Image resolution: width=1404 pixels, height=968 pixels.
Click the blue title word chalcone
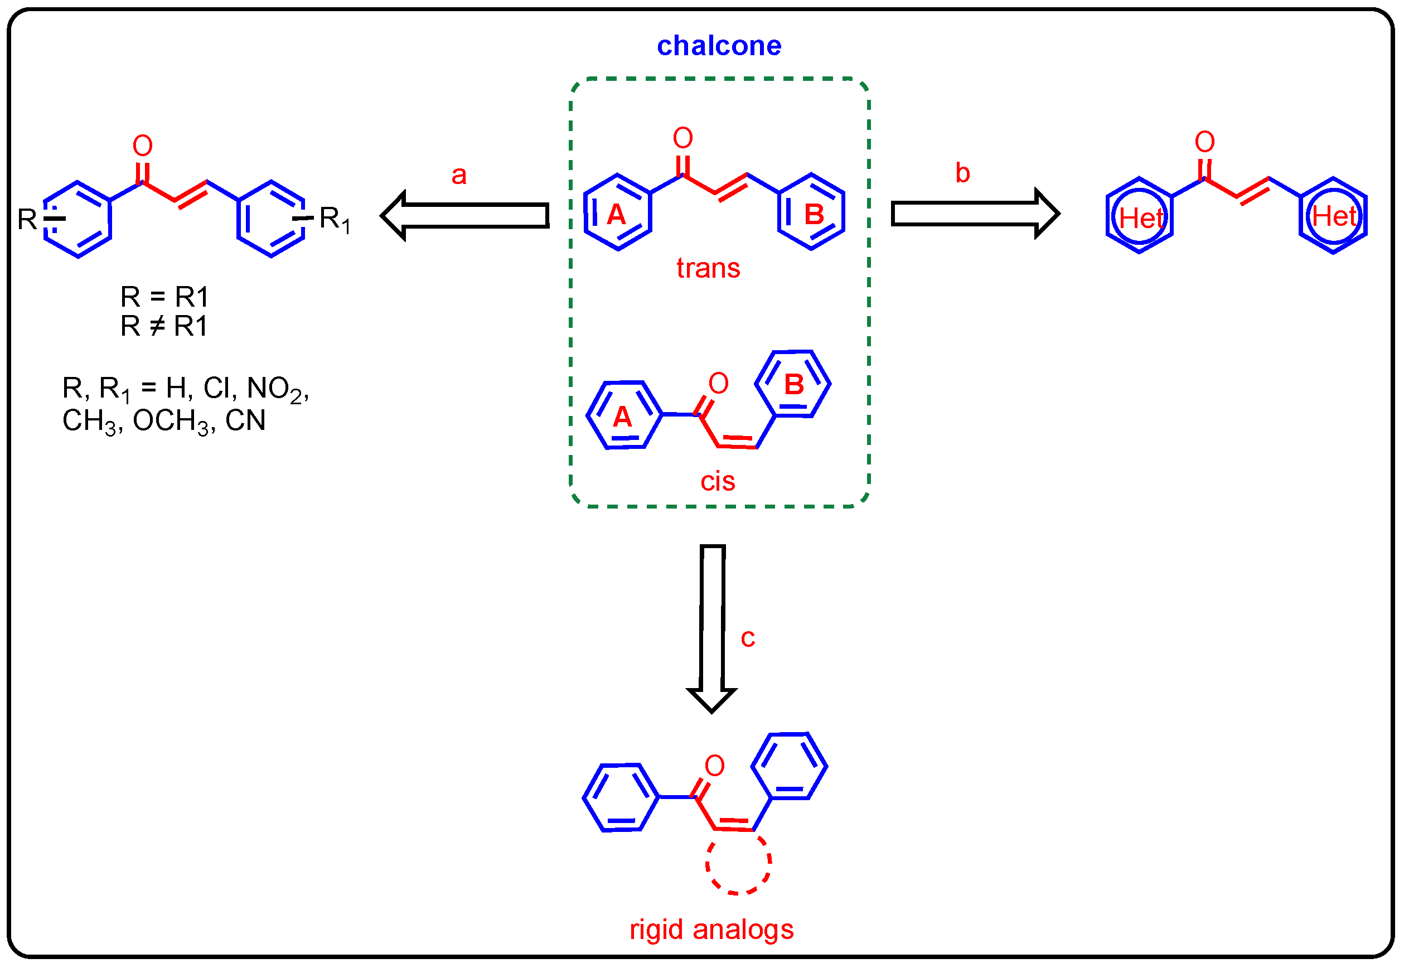[x=719, y=46]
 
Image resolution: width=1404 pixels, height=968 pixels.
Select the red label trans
[x=708, y=268]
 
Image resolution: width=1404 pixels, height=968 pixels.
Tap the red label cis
[x=718, y=482]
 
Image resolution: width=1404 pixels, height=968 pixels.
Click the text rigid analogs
[x=711, y=928]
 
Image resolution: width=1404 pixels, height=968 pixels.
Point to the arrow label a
[x=458, y=175]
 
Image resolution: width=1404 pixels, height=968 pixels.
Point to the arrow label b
[x=962, y=173]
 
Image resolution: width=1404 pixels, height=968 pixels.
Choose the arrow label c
[x=747, y=637]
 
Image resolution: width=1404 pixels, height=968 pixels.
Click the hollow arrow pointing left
[x=464, y=215]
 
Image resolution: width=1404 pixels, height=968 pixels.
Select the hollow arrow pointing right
[x=975, y=214]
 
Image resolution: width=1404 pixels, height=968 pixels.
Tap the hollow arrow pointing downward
[x=711, y=627]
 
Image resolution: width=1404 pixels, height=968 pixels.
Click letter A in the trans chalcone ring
[x=616, y=215]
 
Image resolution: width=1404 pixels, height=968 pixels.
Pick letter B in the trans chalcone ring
[x=814, y=215]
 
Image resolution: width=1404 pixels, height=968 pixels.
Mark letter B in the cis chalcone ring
[x=793, y=385]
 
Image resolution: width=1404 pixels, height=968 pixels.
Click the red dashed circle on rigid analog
[x=738, y=861]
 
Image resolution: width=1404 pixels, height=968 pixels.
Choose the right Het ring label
[x=1333, y=216]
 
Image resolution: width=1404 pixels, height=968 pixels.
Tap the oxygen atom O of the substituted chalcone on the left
[x=143, y=146]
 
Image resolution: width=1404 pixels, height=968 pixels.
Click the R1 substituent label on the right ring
[x=334, y=219]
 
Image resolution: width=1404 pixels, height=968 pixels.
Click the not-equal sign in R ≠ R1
[x=157, y=326]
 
